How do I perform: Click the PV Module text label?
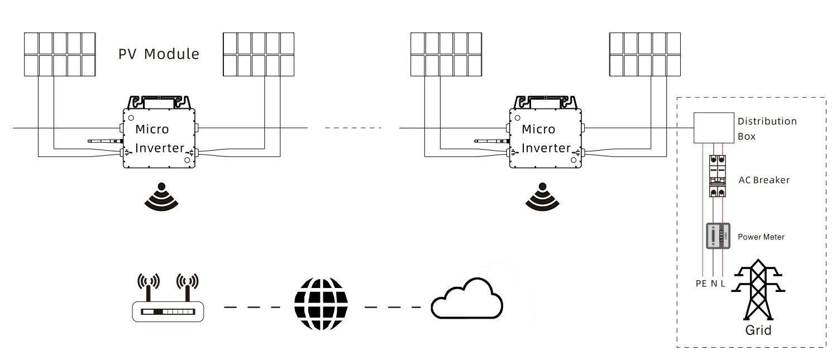(159, 54)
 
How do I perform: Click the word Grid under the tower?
(758, 330)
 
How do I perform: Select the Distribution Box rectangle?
(713, 128)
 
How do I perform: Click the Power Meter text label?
(761, 237)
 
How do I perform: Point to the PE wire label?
(701, 284)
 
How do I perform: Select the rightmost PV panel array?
(644, 54)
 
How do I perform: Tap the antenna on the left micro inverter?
(104, 141)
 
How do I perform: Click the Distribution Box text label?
(767, 128)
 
